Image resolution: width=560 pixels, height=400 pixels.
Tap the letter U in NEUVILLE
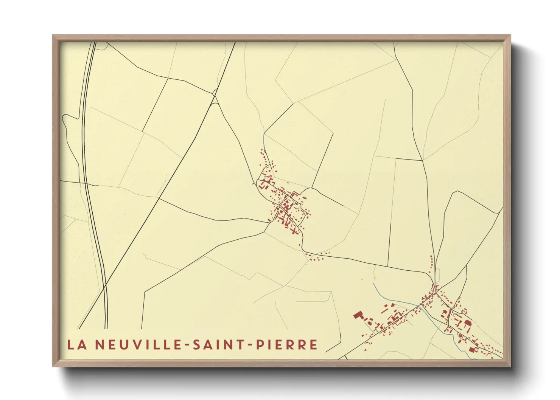pyautogui.click(x=125, y=344)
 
